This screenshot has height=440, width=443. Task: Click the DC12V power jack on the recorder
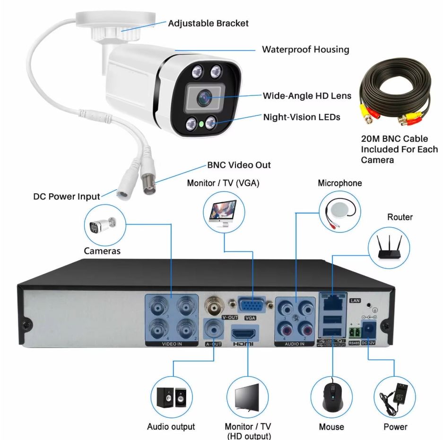click(368, 328)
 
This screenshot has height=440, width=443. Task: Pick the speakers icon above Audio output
click(171, 398)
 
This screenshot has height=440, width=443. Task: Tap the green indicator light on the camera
click(201, 125)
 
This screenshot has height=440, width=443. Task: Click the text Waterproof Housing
click(305, 50)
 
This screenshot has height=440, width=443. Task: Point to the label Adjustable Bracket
click(208, 23)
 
